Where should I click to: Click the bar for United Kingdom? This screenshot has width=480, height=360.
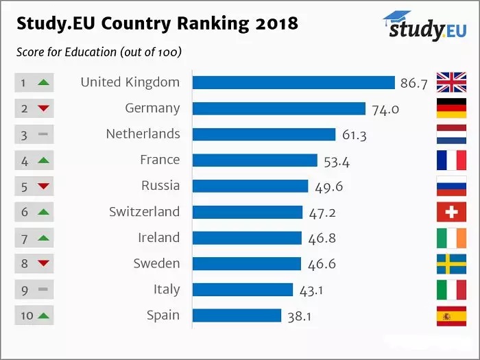[x=293, y=82]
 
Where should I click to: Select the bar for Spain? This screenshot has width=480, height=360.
[x=237, y=315]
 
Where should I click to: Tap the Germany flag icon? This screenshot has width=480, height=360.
[x=451, y=108]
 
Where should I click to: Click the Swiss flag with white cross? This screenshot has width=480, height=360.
[x=451, y=212]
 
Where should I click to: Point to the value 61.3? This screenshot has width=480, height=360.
[x=354, y=135]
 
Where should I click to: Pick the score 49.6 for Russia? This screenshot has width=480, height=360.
[x=327, y=187]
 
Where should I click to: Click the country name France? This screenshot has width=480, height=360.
[x=160, y=160]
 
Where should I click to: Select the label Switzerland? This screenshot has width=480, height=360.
[x=144, y=212]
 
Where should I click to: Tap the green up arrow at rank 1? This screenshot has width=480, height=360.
[x=43, y=83]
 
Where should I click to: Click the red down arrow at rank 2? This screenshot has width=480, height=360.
[x=43, y=108]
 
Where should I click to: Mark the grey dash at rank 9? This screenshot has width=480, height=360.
[x=43, y=290]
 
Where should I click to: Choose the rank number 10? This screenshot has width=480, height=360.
[x=25, y=316]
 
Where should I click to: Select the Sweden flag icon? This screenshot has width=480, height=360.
[x=451, y=264]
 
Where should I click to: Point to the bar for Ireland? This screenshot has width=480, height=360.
[x=247, y=238]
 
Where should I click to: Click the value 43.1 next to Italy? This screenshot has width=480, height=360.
[x=311, y=291]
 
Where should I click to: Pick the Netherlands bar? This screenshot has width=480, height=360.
[x=264, y=134]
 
